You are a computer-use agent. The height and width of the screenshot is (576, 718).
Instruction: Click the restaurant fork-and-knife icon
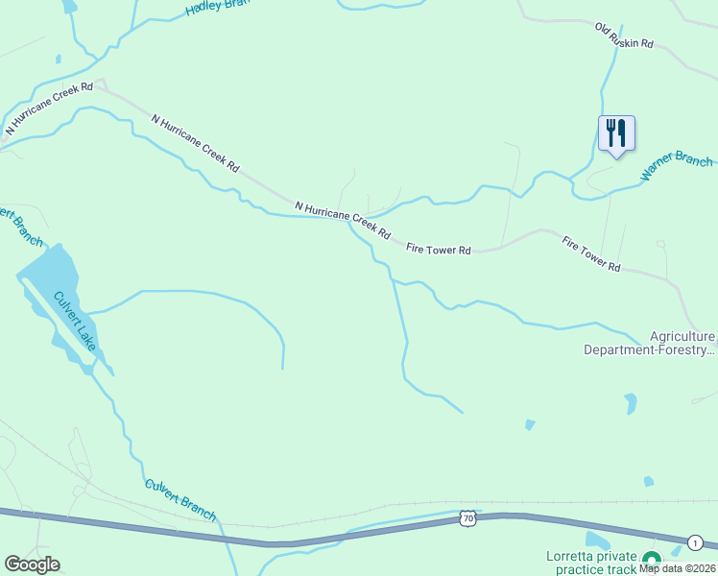click(616, 132)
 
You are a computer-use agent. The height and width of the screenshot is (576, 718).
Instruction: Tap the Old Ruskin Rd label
click(623, 37)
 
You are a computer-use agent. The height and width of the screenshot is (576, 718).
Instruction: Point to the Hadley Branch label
click(217, 6)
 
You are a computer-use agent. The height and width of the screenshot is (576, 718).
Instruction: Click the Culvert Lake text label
click(75, 321)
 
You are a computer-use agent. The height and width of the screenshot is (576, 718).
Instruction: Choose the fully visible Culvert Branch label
click(180, 499)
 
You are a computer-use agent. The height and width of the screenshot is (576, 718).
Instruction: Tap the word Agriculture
click(682, 336)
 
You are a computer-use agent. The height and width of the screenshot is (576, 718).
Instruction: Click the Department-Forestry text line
click(650, 350)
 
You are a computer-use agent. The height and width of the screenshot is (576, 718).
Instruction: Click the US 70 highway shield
click(467, 518)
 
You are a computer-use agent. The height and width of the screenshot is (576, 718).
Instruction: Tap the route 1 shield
click(694, 542)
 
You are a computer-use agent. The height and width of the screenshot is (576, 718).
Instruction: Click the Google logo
click(32, 564)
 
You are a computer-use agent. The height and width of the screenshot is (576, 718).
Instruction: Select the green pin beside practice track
click(652, 560)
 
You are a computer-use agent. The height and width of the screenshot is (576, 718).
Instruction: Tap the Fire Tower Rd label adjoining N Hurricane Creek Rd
click(438, 250)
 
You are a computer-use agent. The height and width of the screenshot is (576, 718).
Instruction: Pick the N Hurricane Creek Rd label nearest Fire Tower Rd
click(343, 220)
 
